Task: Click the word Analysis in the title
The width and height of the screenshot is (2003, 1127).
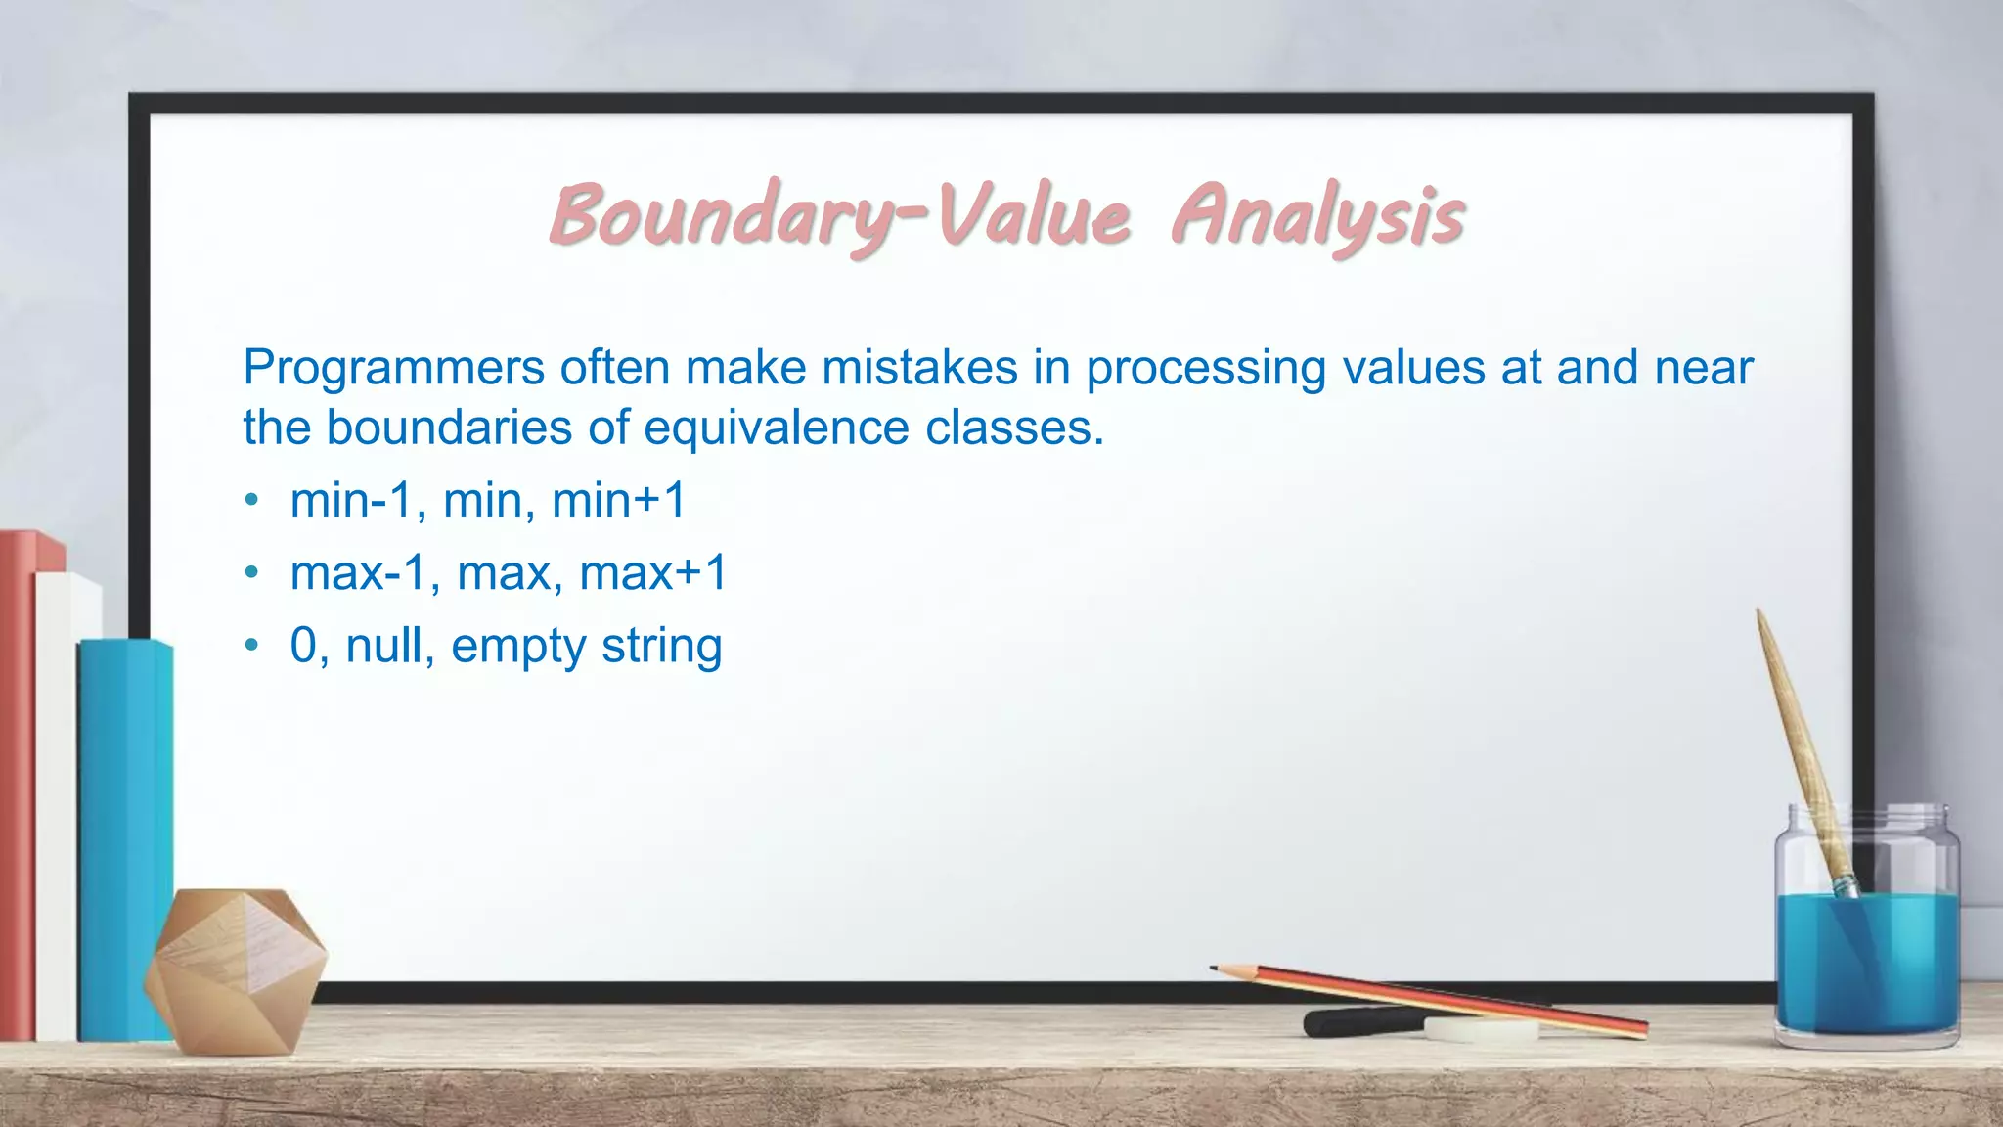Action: click(x=1317, y=216)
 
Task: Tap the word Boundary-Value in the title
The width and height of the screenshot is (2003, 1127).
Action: click(x=839, y=216)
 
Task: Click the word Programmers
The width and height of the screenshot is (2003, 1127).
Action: click(x=393, y=368)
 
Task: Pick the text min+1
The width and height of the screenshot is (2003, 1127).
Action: click(x=619, y=500)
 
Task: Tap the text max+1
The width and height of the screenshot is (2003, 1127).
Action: click(x=653, y=572)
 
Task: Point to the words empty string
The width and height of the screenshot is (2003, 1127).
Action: click(x=586, y=647)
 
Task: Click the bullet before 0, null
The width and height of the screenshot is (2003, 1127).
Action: click(x=252, y=646)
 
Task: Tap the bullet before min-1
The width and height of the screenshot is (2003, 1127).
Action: click(x=252, y=501)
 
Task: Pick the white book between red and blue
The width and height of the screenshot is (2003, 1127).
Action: click(x=61, y=802)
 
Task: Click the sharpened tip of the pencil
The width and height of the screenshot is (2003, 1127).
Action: click(x=1216, y=969)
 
